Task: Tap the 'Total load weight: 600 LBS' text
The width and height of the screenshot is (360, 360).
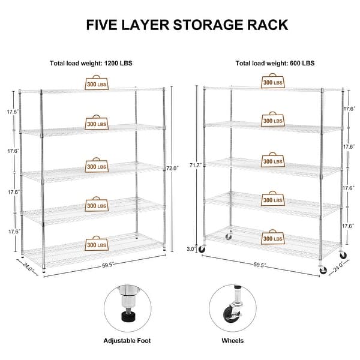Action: (x=274, y=62)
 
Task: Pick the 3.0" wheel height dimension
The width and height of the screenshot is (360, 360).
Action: (x=190, y=247)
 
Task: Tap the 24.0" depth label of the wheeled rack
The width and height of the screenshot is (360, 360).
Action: (x=339, y=265)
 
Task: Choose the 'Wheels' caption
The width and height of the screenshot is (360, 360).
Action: (x=232, y=340)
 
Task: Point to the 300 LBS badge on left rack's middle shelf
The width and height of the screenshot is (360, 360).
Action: (x=97, y=165)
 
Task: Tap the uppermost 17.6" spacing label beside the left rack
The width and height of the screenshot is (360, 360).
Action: (x=13, y=112)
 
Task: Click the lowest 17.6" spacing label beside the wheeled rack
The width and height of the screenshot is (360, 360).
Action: (x=349, y=226)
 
